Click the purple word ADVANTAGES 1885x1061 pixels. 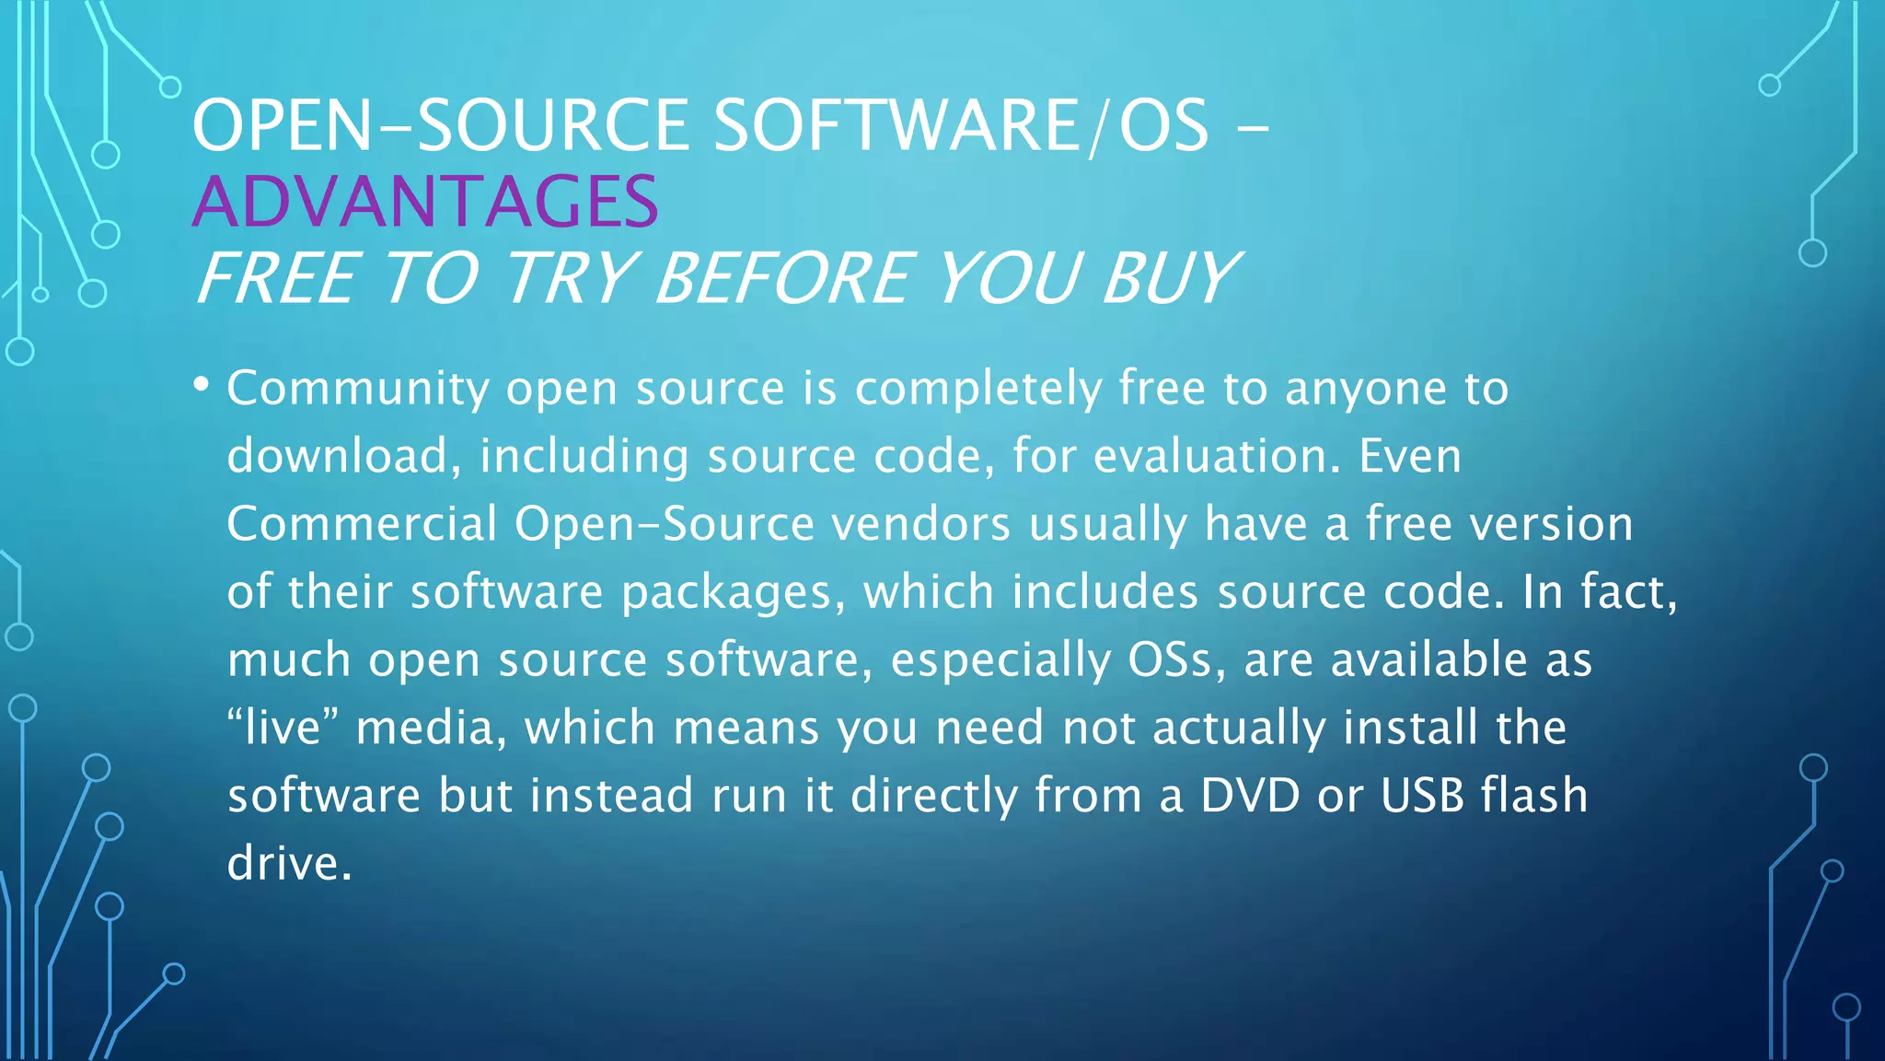(x=425, y=202)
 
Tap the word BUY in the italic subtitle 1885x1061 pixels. (x=1169, y=278)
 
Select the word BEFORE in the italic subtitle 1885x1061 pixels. (x=783, y=278)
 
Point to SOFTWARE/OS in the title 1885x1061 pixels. (x=961, y=126)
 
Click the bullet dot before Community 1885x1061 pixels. (x=202, y=384)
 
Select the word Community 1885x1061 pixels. (x=358, y=389)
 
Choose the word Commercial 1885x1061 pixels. (x=362, y=524)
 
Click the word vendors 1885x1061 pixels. (x=921, y=525)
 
